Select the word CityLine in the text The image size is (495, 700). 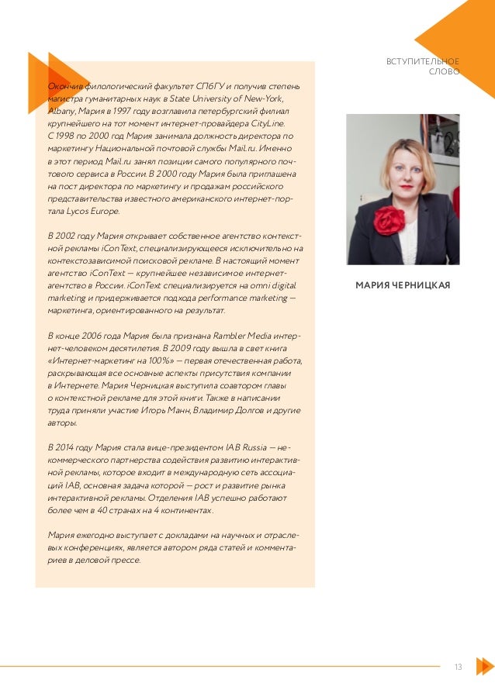click(267, 122)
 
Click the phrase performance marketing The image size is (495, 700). click(248, 298)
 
